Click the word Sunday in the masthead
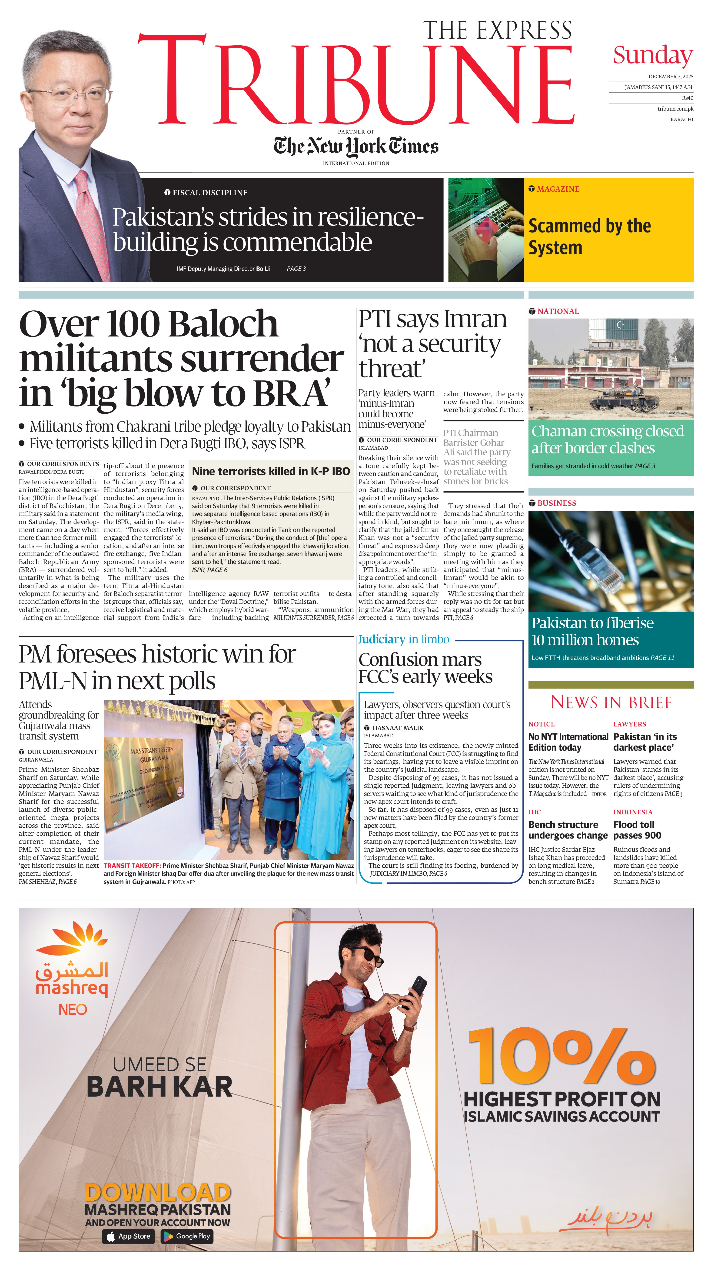click(x=653, y=55)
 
